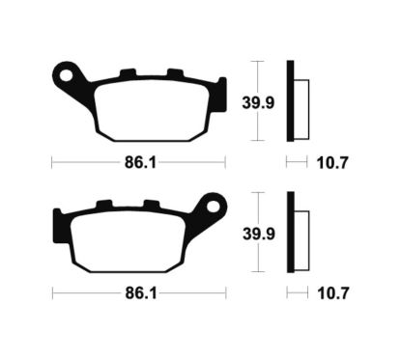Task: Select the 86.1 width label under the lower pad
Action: pos(137,291)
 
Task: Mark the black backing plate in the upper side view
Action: pos(290,100)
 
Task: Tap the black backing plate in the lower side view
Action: pos(290,233)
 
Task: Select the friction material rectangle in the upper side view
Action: pos(300,102)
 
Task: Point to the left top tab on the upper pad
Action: pos(127,72)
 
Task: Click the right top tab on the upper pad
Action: pos(173,72)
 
